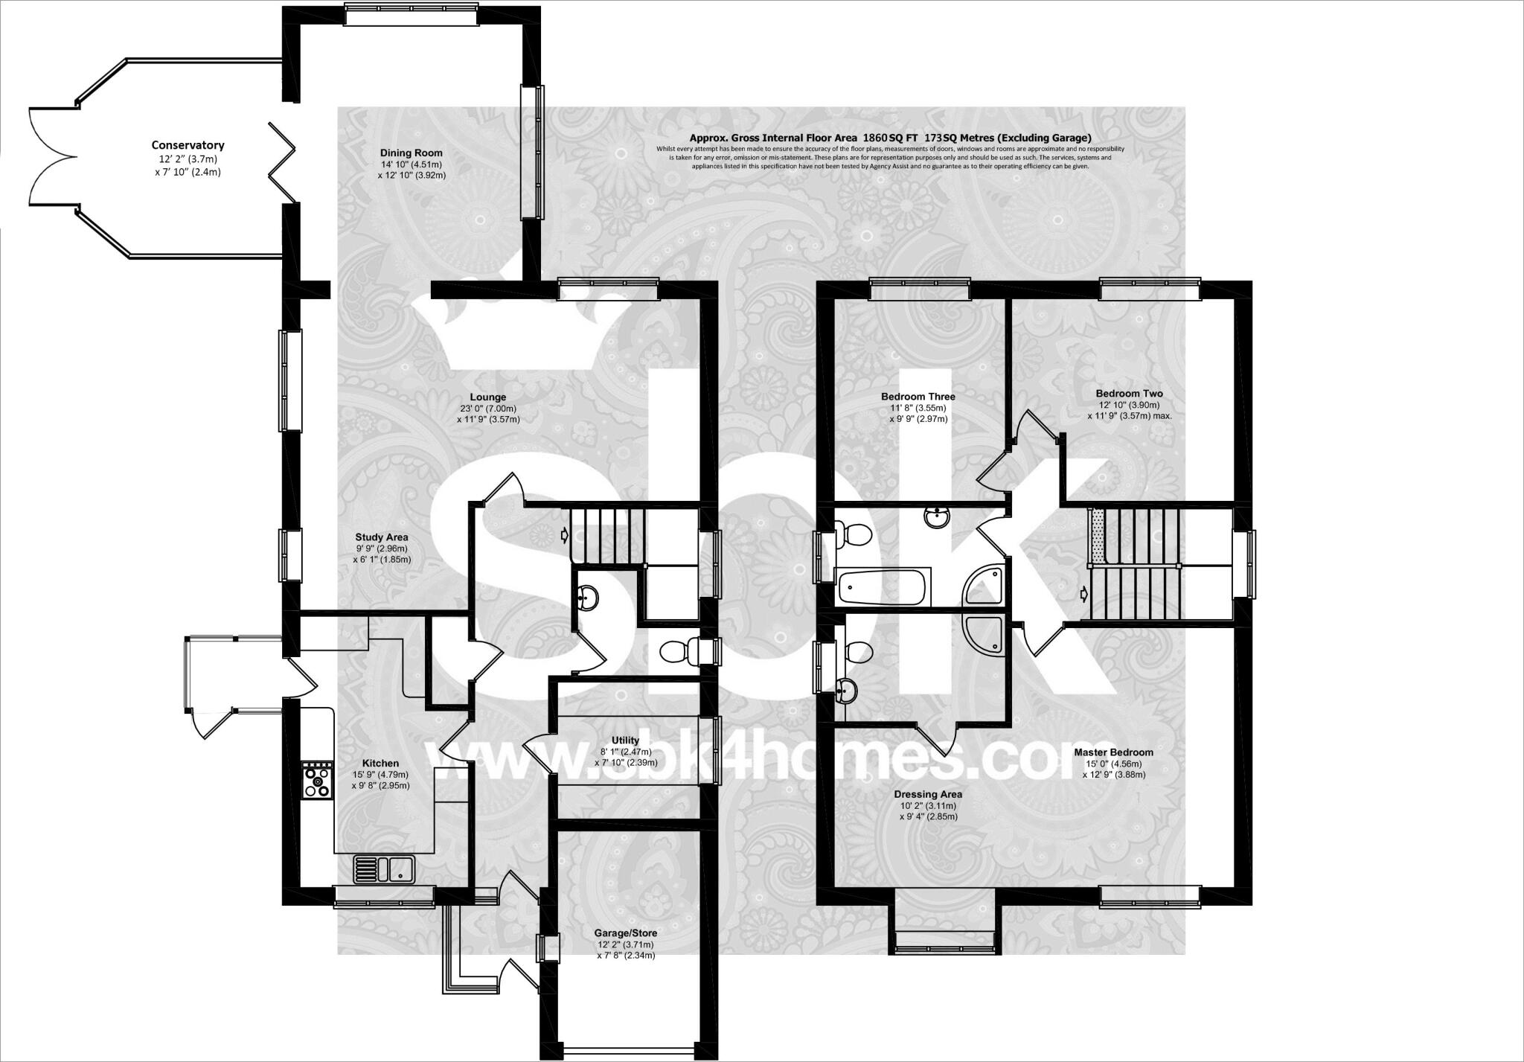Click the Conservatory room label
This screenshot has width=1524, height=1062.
(188, 145)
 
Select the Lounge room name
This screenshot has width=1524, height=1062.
(487, 397)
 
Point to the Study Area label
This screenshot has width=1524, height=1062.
(381, 537)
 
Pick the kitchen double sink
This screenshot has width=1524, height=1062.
(385, 869)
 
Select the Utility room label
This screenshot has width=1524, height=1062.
(625, 740)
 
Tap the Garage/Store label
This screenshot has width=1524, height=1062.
(625, 933)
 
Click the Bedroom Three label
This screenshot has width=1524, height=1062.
(918, 397)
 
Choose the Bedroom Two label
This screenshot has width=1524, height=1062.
(1128, 394)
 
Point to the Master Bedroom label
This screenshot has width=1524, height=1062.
(1113, 752)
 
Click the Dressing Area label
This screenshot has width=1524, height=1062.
(928, 794)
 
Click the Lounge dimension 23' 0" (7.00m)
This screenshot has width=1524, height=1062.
(487, 409)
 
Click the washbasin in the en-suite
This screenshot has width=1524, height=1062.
(846, 691)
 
